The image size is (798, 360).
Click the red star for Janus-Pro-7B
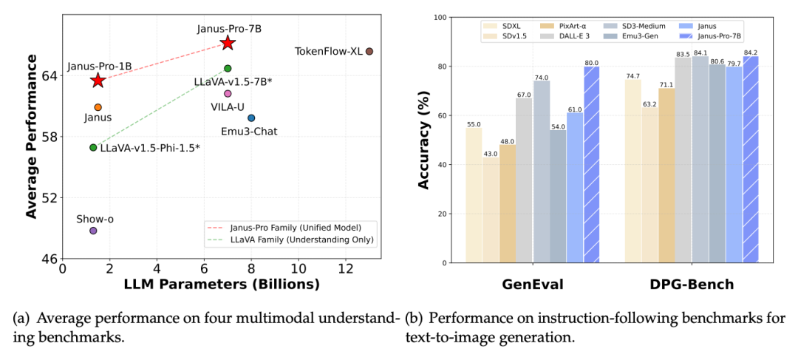pos(228,43)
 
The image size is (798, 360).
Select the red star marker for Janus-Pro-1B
pos(98,80)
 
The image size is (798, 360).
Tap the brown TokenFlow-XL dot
pos(369,51)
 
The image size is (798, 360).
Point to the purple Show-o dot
pos(93,231)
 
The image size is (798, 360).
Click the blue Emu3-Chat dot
pos(251,118)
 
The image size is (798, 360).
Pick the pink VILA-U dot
pos(228,94)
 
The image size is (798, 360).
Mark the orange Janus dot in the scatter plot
pos(98,107)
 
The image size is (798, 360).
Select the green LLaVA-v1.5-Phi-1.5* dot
pos(93,148)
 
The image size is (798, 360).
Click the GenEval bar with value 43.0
pos(491,210)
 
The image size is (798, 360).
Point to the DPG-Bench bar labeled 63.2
pos(649,185)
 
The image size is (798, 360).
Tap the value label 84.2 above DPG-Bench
pos(750,52)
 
